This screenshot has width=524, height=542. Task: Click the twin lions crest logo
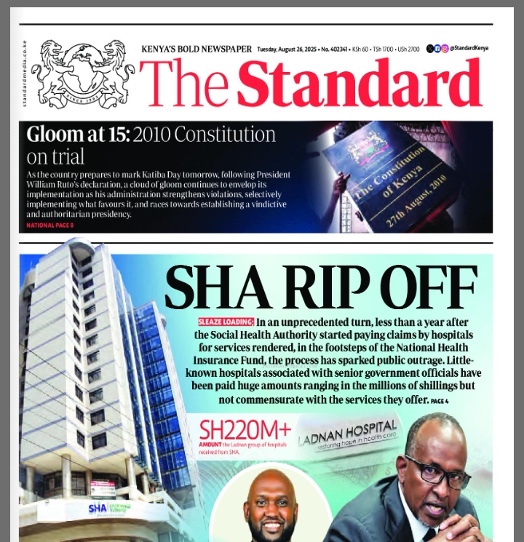(82, 73)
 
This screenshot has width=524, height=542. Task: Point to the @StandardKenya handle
(468, 48)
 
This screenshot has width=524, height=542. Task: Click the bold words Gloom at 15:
(77, 135)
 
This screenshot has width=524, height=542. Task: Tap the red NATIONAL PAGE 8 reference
(50, 226)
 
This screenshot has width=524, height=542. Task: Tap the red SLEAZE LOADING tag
(226, 322)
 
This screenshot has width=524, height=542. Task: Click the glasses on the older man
(437, 471)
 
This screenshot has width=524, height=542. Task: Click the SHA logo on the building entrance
(98, 507)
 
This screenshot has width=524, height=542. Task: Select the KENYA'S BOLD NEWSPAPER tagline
(196, 49)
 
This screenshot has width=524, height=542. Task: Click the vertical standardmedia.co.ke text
(24, 73)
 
